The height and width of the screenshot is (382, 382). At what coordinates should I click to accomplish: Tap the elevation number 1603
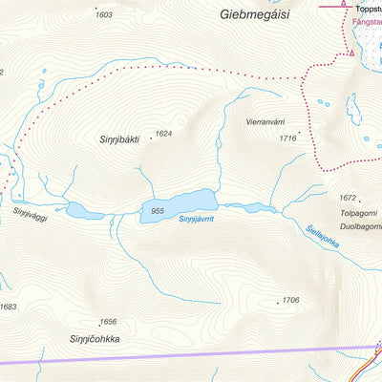click(104, 15)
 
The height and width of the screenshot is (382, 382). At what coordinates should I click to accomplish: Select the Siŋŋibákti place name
click(119, 139)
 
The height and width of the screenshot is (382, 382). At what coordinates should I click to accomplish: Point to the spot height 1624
click(163, 134)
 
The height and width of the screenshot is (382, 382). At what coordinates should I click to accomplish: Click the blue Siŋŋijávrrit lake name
click(197, 219)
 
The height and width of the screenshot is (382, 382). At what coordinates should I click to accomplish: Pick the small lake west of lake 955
click(76, 209)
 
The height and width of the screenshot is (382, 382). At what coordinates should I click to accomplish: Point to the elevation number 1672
click(348, 198)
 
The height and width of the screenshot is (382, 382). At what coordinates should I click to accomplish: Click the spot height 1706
click(290, 300)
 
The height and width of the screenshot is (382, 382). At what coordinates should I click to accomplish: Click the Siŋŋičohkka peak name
click(96, 339)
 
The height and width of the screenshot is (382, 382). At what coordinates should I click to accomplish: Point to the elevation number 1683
click(9, 307)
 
